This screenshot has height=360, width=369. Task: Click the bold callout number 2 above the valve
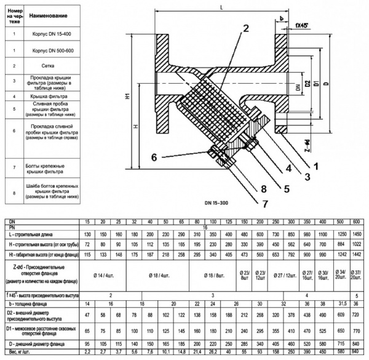point(245,28)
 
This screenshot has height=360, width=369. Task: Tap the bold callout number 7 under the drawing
point(266,202)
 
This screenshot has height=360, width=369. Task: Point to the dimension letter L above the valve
point(221,7)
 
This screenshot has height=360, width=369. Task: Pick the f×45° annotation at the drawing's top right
point(302,26)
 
